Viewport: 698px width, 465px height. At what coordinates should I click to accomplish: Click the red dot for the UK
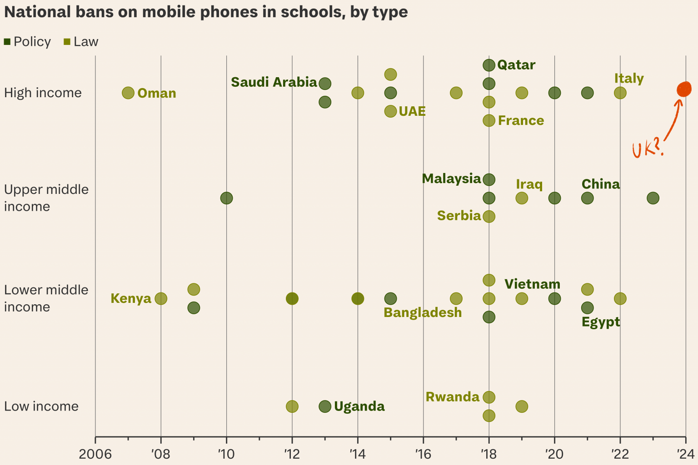click(x=683, y=89)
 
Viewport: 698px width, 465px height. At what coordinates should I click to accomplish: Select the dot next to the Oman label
click(x=128, y=93)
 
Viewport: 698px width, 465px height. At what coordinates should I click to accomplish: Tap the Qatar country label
click(x=516, y=65)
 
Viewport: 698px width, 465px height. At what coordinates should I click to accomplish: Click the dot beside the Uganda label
click(x=325, y=406)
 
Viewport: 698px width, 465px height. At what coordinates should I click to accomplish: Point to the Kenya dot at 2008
click(x=161, y=298)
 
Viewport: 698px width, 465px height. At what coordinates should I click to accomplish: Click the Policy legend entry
click(x=27, y=42)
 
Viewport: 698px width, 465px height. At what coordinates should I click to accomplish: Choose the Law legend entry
click(x=81, y=42)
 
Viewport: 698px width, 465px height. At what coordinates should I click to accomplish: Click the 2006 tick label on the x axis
click(x=95, y=454)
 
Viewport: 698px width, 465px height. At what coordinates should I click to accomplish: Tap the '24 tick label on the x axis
click(x=685, y=454)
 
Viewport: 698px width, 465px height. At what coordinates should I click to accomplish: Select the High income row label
click(x=43, y=93)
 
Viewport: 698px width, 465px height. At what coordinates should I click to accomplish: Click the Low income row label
click(x=41, y=406)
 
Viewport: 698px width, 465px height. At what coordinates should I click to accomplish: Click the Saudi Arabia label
click(x=274, y=82)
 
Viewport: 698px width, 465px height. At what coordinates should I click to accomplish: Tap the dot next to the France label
click(x=489, y=120)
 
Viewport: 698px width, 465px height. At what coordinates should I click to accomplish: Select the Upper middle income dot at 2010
click(x=226, y=198)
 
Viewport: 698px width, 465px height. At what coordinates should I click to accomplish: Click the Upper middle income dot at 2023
click(x=653, y=198)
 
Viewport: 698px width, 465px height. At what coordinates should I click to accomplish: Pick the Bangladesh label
click(x=423, y=312)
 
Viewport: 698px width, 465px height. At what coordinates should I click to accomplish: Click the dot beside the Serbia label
click(x=489, y=216)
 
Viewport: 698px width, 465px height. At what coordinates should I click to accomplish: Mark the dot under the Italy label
click(x=620, y=93)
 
